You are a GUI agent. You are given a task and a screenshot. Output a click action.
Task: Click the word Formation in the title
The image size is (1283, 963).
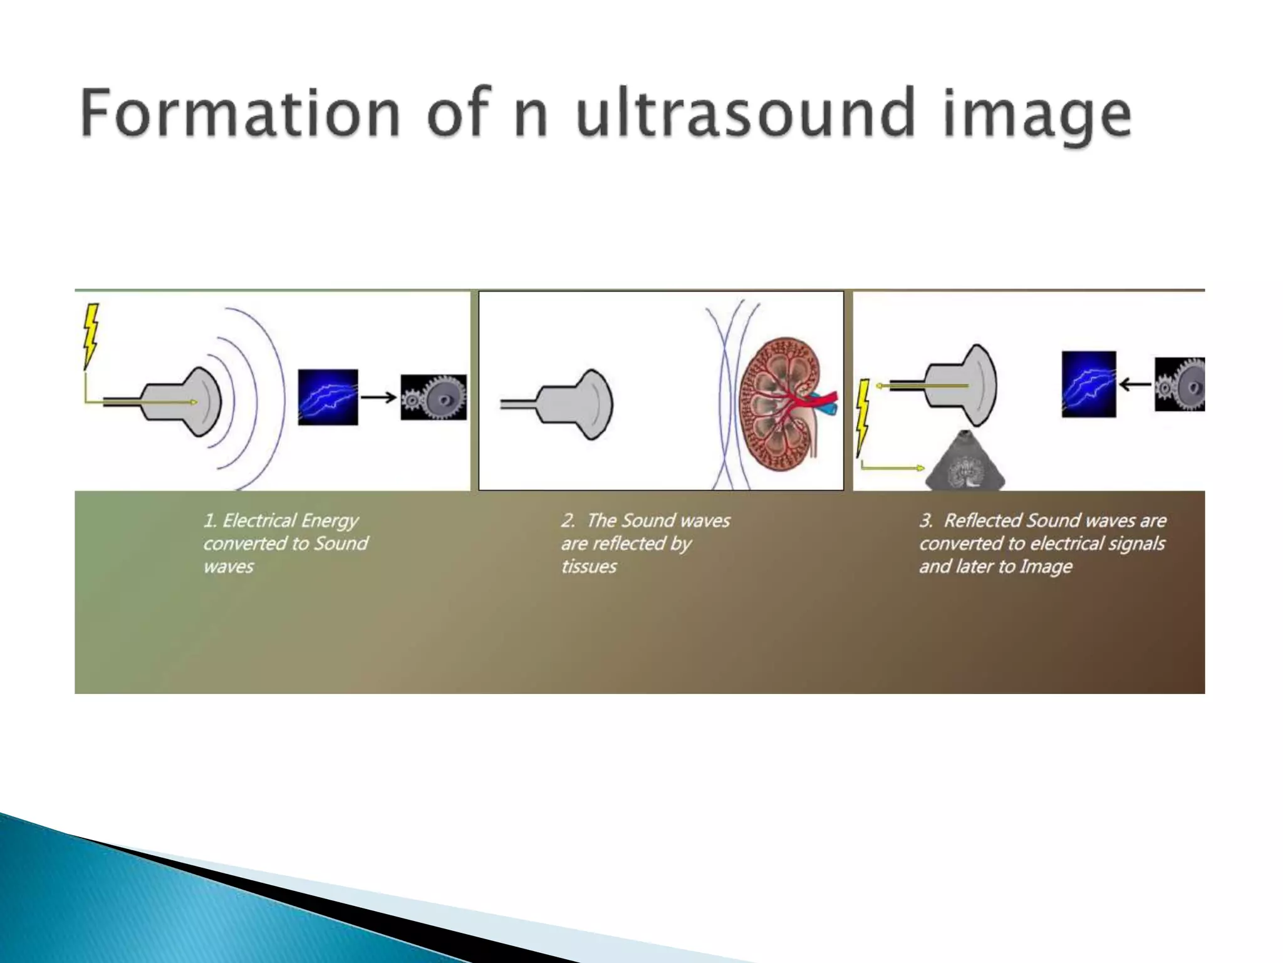[x=240, y=113]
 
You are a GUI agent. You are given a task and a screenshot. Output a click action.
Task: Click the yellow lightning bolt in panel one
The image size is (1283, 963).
[x=91, y=335]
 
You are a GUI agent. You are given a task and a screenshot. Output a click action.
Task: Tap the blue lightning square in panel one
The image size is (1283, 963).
[x=328, y=397]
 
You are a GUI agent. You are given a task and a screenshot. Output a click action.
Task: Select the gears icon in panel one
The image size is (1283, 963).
[x=434, y=397]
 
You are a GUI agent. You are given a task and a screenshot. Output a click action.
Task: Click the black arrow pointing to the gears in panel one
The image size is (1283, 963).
[x=379, y=397]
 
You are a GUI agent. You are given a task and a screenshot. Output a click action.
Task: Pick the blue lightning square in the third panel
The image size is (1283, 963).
[x=1089, y=384]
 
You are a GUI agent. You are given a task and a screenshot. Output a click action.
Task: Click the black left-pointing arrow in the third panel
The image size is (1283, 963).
[x=1135, y=384]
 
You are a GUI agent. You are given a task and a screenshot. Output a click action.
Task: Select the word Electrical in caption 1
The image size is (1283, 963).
[x=259, y=520]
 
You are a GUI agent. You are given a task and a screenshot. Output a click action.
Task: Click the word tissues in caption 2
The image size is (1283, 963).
[x=589, y=567]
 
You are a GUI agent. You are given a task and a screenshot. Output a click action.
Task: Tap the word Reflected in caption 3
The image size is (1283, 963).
[x=982, y=520]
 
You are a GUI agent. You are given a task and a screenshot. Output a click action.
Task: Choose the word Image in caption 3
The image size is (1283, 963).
[x=1046, y=567]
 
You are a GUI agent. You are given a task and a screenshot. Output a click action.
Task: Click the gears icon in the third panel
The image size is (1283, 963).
[x=1180, y=384]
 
